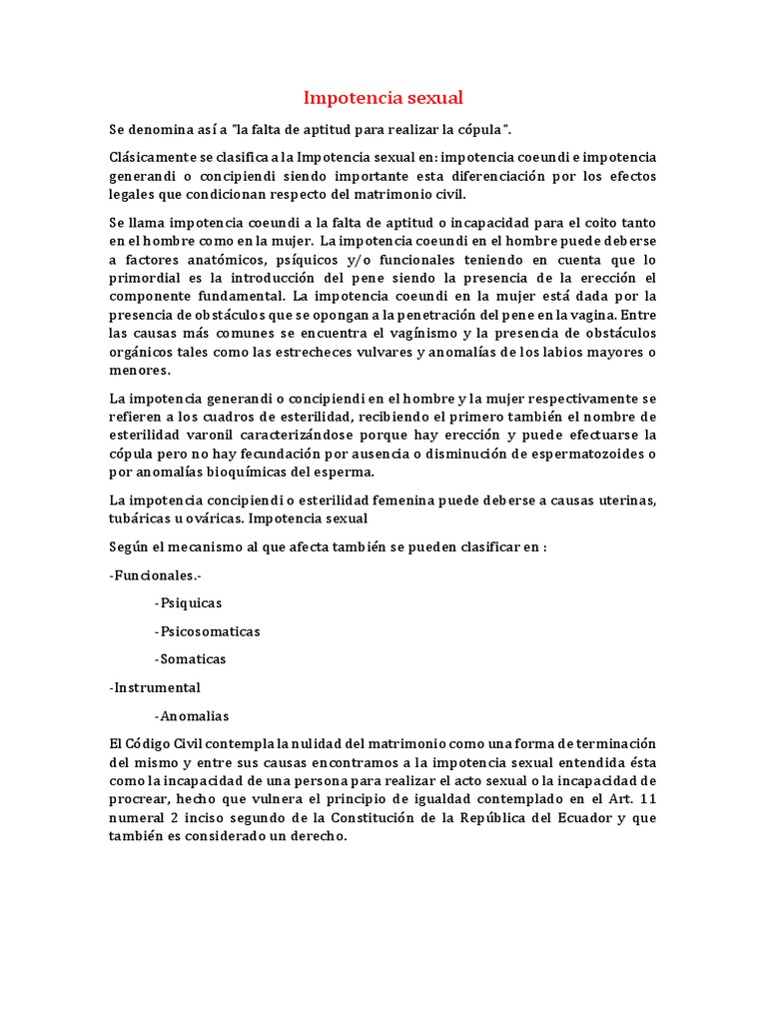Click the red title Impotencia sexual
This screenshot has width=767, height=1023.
(383, 98)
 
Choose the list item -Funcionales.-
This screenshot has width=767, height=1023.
(155, 575)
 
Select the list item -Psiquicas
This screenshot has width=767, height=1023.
(189, 603)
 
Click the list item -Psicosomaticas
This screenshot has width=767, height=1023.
(208, 631)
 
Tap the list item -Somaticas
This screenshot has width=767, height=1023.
(191, 659)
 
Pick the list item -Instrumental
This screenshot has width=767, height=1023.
(155, 687)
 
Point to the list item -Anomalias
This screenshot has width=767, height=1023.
(192, 715)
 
